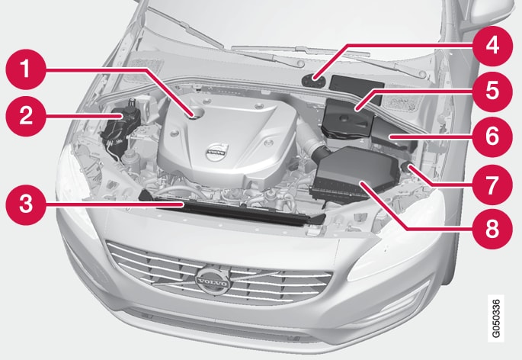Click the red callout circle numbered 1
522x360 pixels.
click(x=26, y=69)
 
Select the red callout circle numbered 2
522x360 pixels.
click(x=26, y=116)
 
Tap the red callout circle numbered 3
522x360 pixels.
click(x=26, y=204)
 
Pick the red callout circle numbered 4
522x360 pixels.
click(x=492, y=46)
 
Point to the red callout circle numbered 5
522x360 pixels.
click(x=492, y=91)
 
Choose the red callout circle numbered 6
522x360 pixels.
click(x=492, y=137)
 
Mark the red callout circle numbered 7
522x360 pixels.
click(x=492, y=184)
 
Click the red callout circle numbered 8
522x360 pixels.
click(x=492, y=229)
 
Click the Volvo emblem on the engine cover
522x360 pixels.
click(x=216, y=153)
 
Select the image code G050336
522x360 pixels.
click(x=495, y=318)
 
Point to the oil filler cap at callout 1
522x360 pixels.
click(x=197, y=113)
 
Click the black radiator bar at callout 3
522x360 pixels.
click(x=230, y=208)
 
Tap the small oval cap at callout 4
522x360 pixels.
click(x=314, y=81)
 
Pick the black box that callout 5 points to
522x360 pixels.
click(x=348, y=119)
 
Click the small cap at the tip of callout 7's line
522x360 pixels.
click(x=407, y=166)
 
